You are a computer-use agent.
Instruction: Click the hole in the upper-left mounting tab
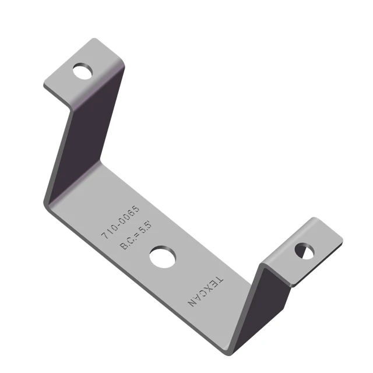[83, 71]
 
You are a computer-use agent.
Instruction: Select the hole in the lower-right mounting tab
[304, 251]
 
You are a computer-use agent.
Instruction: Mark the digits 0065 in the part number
[128, 212]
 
